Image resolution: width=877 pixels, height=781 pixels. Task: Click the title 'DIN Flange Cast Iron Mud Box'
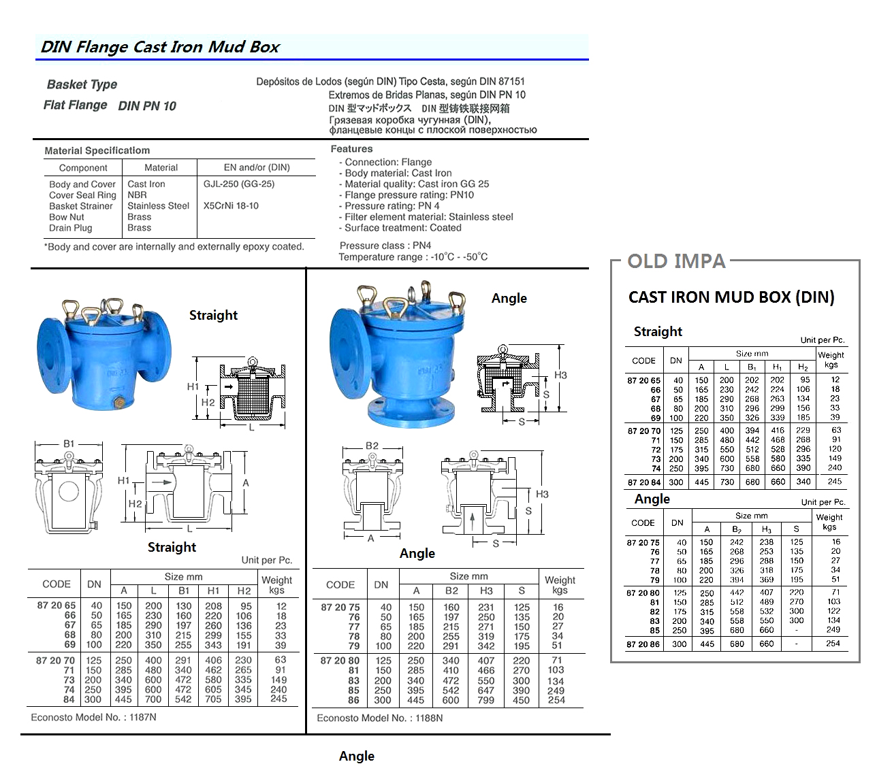[160, 47]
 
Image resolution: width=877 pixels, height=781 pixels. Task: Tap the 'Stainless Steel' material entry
[159, 205]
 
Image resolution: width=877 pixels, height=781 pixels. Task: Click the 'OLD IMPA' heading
[676, 261]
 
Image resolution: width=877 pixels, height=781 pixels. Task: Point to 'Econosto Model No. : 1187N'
[93, 717]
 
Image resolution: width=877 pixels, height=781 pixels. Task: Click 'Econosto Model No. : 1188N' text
[379, 718]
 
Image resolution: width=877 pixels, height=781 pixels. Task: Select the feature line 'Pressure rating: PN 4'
[392, 205]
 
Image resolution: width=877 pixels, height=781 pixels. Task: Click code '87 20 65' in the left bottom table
[52, 605]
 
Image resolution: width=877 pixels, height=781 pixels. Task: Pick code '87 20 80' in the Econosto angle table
[340, 660]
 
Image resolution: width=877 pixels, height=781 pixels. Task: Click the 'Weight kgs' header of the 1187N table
[276, 585]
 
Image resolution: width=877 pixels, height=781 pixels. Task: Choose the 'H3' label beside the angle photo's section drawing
[560, 375]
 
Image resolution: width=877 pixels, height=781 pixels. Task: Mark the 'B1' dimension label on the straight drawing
[69, 444]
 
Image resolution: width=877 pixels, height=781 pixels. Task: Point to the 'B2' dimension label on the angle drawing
[372, 446]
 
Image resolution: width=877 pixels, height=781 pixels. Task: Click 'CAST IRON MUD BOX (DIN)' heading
[731, 297]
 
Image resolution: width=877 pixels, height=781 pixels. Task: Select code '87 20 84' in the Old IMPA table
[643, 482]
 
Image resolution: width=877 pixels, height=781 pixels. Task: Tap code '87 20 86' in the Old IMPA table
[643, 644]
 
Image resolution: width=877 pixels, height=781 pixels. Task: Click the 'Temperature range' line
[413, 257]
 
